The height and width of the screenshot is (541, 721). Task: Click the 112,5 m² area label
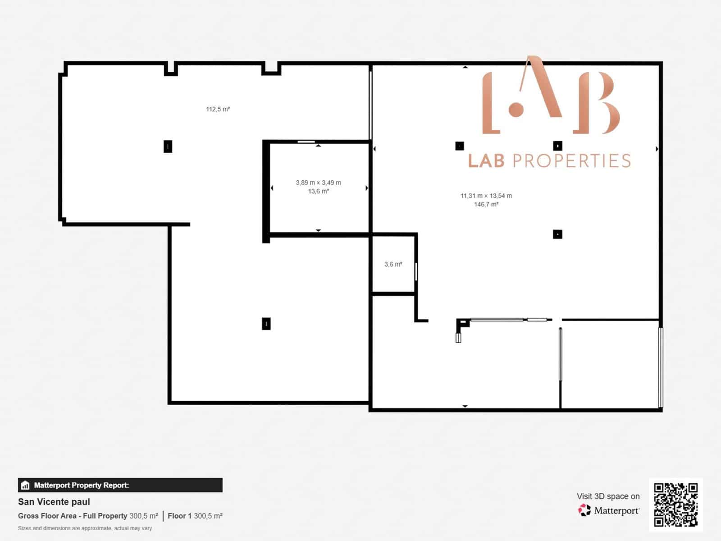(x=218, y=109)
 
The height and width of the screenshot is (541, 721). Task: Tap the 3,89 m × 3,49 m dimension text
(x=318, y=183)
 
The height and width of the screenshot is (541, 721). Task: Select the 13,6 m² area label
(x=318, y=191)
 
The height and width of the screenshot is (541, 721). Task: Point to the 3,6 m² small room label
(x=393, y=264)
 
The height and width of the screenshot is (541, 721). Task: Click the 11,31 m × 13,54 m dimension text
(x=486, y=196)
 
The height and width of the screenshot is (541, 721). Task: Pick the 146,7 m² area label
(x=486, y=204)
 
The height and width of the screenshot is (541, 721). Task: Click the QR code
(x=675, y=504)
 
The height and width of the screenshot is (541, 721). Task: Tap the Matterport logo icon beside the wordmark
(x=584, y=510)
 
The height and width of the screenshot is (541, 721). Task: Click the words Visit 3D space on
(x=608, y=496)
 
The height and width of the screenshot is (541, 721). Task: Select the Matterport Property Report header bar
(x=120, y=485)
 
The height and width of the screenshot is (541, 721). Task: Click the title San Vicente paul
(x=54, y=502)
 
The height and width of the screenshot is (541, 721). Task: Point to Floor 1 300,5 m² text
(x=195, y=516)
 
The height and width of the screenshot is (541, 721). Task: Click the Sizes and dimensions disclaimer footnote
(x=85, y=528)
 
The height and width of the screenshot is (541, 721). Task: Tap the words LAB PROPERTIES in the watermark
(x=549, y=161)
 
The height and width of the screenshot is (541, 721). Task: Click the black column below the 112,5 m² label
(x=168, y=146)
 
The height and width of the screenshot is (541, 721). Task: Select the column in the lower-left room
(x=266, y=324)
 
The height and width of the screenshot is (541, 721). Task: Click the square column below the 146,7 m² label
(x=557, y=234)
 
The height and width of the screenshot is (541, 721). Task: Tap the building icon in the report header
(x=25, y=486)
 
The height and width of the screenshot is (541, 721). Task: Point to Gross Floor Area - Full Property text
(x=72, y=516)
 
